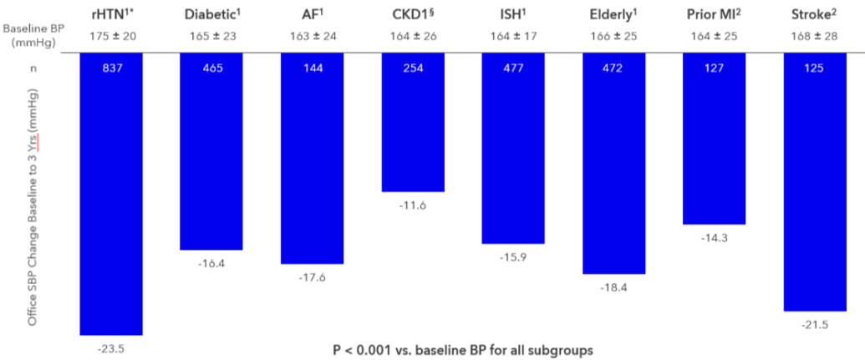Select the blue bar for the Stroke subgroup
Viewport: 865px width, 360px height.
click(814, 184)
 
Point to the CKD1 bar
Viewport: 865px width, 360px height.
click(413, 125)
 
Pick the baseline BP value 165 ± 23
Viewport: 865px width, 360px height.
click(211, 36)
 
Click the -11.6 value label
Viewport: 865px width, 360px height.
click(412, 205)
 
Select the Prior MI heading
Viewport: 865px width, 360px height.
click(714, 14)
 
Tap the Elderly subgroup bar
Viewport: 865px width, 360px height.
click(613, 167)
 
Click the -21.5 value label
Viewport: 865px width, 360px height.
click(814, 324)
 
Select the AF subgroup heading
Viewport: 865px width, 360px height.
click(312, 14)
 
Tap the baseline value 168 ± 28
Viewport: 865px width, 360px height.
click(814, 36)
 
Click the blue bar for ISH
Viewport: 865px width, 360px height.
click(513, 150)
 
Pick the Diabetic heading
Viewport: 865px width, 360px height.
click(211, 14)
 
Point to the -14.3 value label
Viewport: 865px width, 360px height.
click(714, 237)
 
